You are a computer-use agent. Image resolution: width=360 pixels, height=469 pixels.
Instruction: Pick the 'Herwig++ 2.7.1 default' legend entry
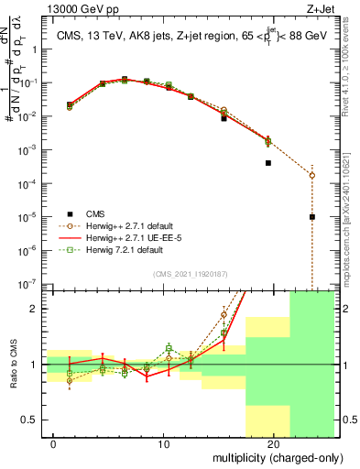pos(126,225)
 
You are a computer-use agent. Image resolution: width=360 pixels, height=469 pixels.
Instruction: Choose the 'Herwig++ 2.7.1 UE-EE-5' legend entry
pos(128,237)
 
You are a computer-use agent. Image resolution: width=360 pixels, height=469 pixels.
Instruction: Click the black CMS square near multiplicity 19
pos(268,163)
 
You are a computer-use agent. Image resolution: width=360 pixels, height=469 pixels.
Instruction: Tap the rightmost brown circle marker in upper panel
pos(312,175)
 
